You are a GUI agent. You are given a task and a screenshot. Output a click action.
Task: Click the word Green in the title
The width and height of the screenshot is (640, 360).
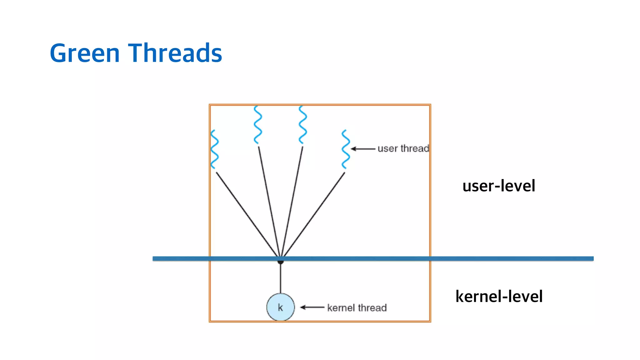pos(85,53)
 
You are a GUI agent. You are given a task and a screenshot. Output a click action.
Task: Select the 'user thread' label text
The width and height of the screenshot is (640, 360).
pos(403,148)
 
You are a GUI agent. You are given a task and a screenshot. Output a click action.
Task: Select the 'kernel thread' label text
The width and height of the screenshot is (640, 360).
pos(357,308)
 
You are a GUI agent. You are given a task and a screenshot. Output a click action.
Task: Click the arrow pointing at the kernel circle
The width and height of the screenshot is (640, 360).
pos(312,307)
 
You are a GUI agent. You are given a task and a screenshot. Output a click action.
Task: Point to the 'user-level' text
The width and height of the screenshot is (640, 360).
pos(499,186)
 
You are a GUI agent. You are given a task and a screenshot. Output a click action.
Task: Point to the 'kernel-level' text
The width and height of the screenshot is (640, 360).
pos(499,297)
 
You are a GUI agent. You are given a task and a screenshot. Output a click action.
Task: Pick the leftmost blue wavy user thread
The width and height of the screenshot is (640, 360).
pos(214,149)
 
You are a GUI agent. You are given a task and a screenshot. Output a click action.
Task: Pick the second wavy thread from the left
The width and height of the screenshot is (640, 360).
pos(258,125)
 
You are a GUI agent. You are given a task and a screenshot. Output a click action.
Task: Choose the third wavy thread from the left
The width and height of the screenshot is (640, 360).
pos(303,125)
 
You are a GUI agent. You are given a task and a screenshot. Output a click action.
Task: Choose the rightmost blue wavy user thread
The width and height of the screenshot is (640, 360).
pos(346,149)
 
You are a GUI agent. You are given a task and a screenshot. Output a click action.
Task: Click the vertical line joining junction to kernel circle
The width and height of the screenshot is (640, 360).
pos(281,278)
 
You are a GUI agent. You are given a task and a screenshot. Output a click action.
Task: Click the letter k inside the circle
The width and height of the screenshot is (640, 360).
pos(280,308)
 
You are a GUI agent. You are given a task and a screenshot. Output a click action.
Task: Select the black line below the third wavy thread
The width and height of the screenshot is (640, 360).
pos(292,200)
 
